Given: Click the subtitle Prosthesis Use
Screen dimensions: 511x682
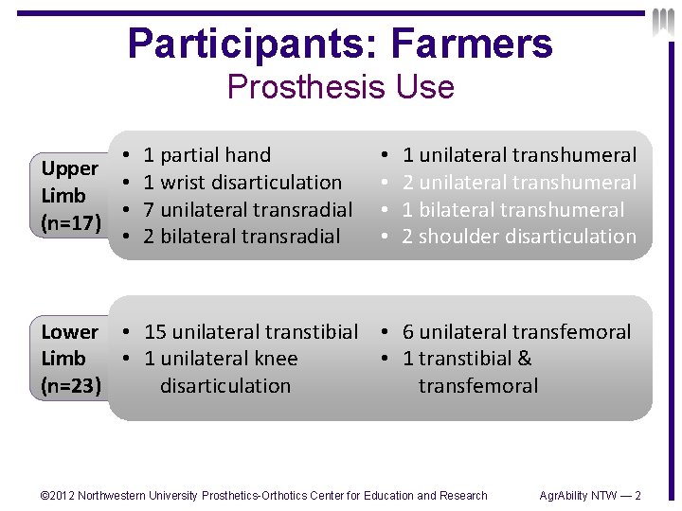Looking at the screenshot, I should [x=340, y=87].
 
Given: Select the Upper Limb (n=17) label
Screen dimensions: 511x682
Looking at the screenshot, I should [x=69, y=195].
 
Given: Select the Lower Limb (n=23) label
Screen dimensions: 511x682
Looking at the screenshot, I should [x=69, y=359].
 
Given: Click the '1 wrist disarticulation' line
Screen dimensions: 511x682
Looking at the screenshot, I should [x=242, y=182].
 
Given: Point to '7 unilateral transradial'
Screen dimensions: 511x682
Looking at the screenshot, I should [x=247, y=209].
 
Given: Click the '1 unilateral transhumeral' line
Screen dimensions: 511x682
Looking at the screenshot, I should [x=519, y=155].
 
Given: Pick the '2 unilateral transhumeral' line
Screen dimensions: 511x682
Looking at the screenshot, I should [x=519, y=182].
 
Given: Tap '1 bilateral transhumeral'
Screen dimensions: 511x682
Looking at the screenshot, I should [x=512, y=209].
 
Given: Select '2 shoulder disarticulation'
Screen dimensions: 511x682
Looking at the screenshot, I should [x=519, y=236].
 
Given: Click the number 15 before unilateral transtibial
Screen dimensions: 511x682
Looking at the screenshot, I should [x=155, y=332].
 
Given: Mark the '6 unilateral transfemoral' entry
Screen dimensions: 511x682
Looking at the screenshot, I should [x=516, y=332].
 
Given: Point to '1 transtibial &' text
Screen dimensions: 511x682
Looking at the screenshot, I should [x=467, y=359].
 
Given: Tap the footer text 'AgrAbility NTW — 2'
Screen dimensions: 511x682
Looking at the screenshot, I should [x=589, y=496].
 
